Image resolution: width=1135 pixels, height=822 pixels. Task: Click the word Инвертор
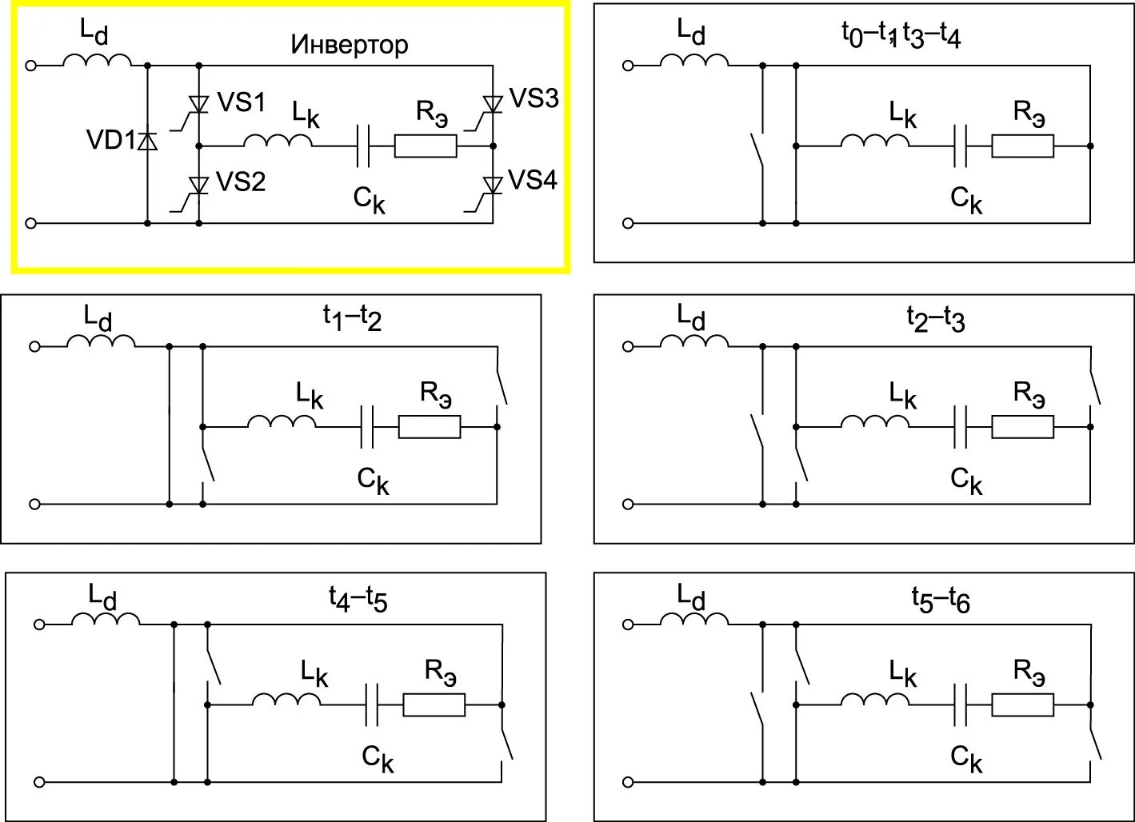349,45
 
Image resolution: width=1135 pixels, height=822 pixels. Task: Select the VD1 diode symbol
147,142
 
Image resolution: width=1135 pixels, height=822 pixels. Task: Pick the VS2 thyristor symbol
198,185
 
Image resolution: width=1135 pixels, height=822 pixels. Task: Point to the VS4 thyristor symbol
493,185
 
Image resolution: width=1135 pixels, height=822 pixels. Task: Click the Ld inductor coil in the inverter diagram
97,61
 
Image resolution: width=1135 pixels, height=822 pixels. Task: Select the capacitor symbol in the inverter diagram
362,146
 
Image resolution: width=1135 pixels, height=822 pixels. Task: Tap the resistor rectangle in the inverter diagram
426,146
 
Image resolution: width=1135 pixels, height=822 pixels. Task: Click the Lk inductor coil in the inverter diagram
278,142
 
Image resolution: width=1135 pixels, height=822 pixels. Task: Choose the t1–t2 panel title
353,318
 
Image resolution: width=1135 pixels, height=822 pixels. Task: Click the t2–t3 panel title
936,319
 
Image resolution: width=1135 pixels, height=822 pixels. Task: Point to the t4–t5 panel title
358,598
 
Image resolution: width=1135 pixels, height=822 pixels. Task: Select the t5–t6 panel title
941,599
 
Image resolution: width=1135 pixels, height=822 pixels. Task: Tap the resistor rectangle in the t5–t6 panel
1022,704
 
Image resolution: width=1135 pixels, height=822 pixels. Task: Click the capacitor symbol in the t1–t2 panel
367,427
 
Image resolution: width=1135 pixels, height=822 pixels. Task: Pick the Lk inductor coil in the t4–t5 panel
286,700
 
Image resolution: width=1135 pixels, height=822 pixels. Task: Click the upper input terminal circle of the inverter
31,66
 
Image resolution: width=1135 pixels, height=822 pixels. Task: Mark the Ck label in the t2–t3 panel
966,481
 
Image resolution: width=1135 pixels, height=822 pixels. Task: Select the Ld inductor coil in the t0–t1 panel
694,61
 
